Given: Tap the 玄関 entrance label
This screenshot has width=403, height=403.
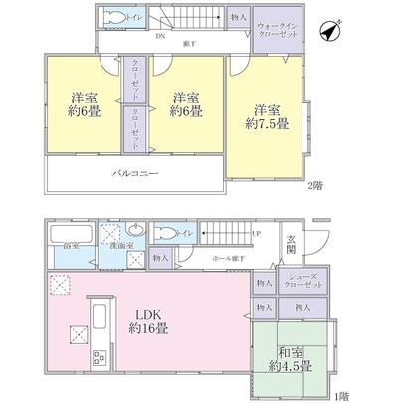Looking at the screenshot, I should (x=291, y=244).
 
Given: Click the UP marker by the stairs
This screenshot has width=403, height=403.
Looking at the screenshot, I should (x=256, y=235).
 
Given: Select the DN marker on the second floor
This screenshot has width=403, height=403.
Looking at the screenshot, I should (x=160, y=36).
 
